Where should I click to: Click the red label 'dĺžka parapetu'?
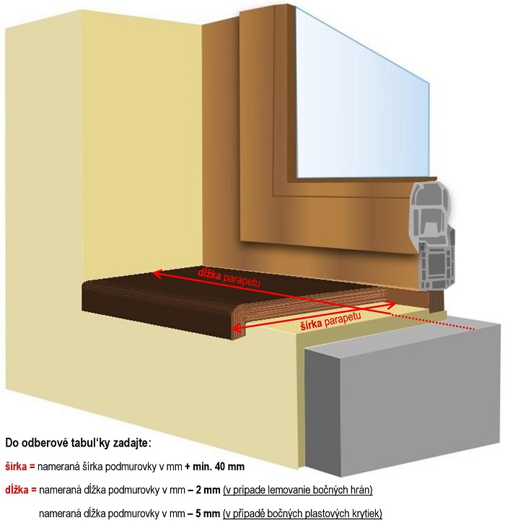click(229, 277)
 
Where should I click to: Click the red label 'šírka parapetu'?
click(330, 321)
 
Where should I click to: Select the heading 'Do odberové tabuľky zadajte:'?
click(79, 443)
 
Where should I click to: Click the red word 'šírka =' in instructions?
click(20, 467)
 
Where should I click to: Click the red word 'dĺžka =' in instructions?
click(21, 490)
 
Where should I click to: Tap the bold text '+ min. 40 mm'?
click(215, 467)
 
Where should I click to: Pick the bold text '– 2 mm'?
click(204, 490)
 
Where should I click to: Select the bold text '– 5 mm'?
click(204, 513)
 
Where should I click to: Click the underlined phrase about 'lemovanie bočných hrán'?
click(297, 490)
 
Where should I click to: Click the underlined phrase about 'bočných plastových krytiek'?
click(302, 514)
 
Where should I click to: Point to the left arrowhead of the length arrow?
click(157, 275)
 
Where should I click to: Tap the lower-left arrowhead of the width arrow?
click(236, 329)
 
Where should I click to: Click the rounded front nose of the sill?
click(239, 325)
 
